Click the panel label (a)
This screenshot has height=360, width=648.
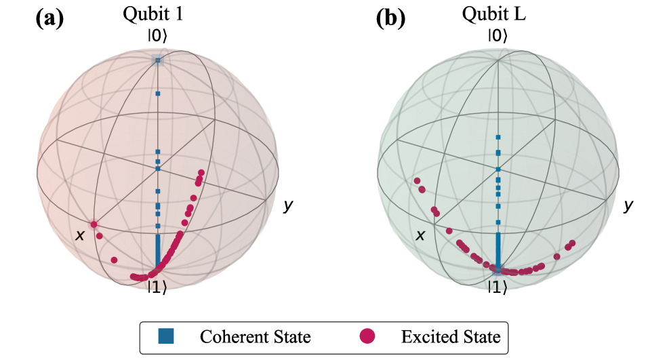(x=49, y=18)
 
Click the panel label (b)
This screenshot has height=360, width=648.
(x=390, y=18)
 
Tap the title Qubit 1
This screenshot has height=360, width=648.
(x=157, y=15)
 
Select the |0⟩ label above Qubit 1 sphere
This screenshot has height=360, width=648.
(x=157, y=37)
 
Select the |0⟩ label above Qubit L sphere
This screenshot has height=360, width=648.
(x=498, y=37)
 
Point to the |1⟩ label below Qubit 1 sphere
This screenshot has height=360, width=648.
(x=157, y=287)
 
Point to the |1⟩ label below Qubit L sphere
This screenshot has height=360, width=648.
(x=498, y=287)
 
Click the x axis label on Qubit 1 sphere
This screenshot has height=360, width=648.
(x=80, y=235)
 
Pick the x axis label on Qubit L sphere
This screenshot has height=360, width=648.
(x=420, y=235)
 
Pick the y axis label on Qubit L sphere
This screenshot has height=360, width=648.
(x=629, y=205)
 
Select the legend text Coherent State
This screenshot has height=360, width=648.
(x=255, y=336)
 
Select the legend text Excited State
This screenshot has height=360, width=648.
(x=450, y=336)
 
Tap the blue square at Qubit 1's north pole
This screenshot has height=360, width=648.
(x=157, y=60)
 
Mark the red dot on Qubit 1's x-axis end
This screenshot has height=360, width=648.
(x=94, y=224)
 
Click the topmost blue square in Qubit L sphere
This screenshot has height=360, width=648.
(x=498, y=138)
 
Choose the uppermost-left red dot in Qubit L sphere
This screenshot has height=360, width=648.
(x=418, y=181)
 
